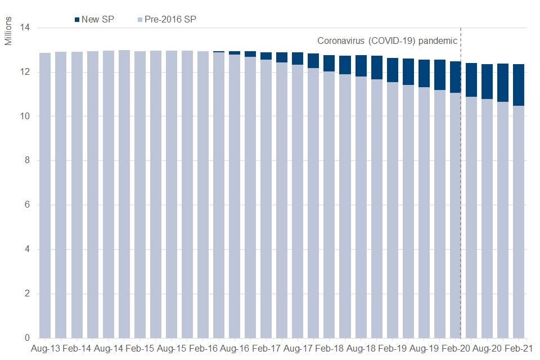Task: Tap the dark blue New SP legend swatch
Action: [x=76, y=20]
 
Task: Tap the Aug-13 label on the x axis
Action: [x=45, y=349]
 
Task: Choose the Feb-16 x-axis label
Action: [x=203, y=349]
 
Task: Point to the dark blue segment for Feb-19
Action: [x=393, y=70]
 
